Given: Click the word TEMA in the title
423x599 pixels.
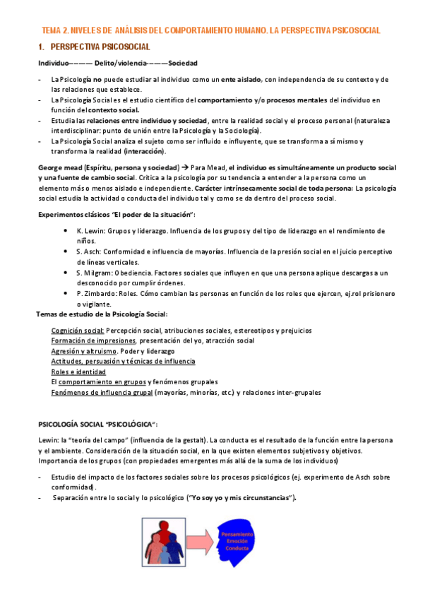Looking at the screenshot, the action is click(52, 30).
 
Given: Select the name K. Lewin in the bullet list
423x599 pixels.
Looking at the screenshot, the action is click(90, 231).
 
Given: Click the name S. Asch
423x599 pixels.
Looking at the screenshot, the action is click(89, 251).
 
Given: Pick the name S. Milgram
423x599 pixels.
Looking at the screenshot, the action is click(94, 272).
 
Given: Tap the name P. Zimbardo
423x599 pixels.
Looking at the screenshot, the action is click(96, 293).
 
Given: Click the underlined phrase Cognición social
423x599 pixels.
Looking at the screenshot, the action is click(78, 331).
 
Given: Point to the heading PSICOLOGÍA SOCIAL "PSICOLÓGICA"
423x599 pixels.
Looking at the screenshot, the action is click(98, 424).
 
